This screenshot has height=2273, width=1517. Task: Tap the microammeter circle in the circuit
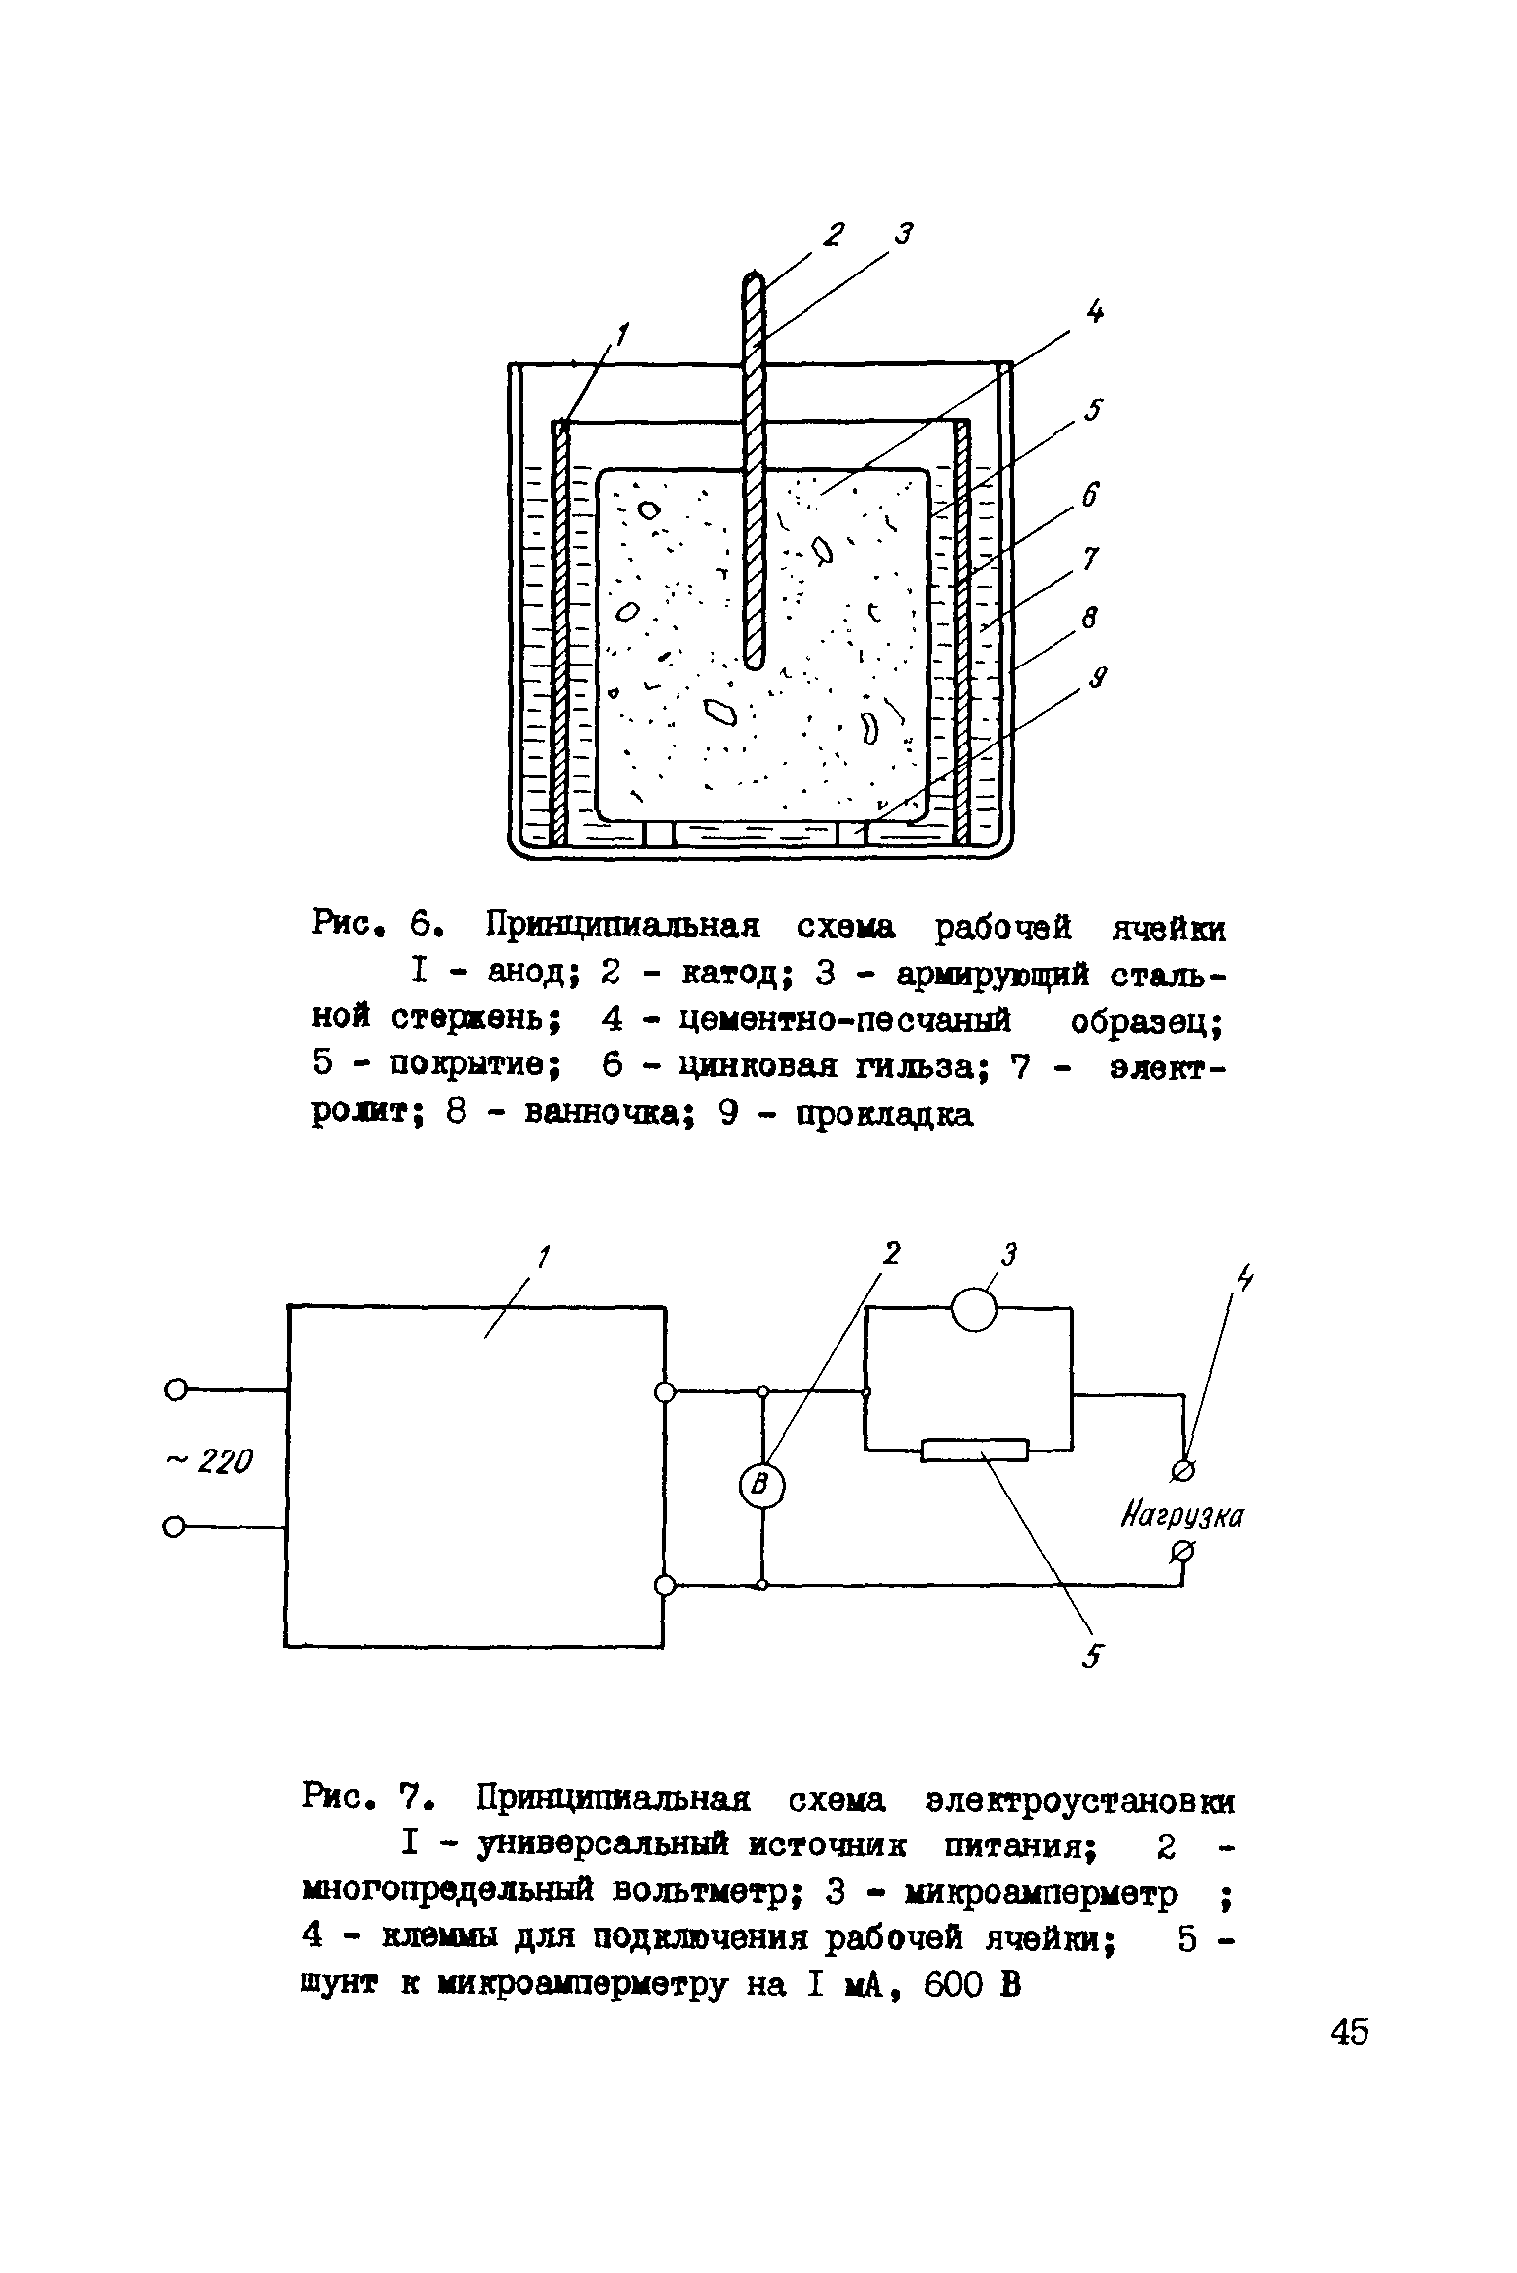pos(974,1310)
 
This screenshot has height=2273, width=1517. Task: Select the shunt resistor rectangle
pos(975,1450)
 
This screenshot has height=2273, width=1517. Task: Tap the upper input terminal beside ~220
pos(174,1390)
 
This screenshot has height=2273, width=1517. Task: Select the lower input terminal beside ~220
pos(174,1528)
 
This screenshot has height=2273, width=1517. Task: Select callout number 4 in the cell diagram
pos(1094,312)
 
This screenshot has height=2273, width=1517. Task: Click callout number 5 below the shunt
pos(1090,1658)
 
